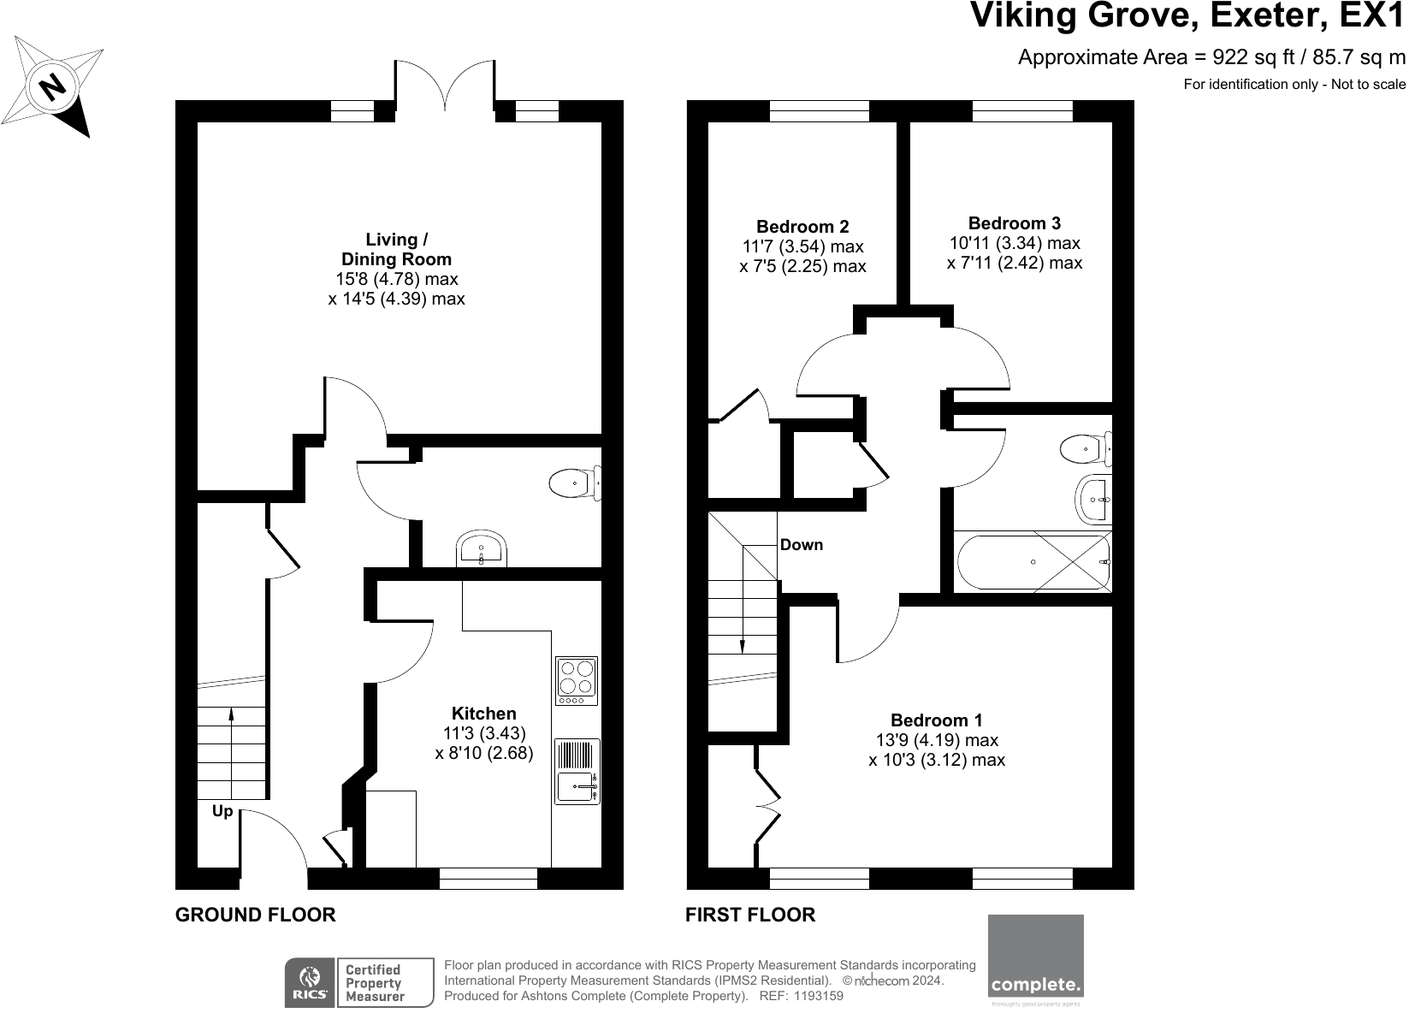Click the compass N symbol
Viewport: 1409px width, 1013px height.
pyautogui.click(x=53, y=86)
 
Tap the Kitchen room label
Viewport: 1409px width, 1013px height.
pyautogui.click(x=483, y=714)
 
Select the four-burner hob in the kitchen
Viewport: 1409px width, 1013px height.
pyautogui.click(x=577, y=681)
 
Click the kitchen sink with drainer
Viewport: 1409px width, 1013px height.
pyautogui.click(x=577, y=772)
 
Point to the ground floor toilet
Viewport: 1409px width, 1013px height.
pyautogui.click(x=575, y=483)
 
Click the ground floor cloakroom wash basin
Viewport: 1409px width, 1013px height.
pyautogui.click(x=481, y=548)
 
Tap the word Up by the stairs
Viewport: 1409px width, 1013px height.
pyautogui.click(x=222, y=812)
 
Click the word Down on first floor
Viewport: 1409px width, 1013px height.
pyautogui.click(x=802, y=545)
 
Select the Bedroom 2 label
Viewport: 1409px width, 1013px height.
pyautogui.click(x=802, y=227)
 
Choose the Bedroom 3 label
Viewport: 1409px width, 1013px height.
pyautogui.click(x=1014, y=223)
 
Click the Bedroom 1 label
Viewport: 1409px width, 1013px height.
pyautogui.click(x=936, y=720)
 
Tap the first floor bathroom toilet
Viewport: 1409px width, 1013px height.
pyautogui.click(x=1086, y=448)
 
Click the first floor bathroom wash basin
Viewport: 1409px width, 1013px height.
pyautogui.click(x=1094, y=500)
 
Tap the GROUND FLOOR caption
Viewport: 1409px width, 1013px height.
pyautogui.click(x=256, y=915)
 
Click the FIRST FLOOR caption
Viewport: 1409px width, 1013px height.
pyautogui.click(x=749, y=915)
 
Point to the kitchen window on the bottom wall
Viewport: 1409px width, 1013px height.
pyautogui.click(x=488, y=879)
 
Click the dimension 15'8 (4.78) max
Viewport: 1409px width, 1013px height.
pyautogui.click(x=397, y=279)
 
